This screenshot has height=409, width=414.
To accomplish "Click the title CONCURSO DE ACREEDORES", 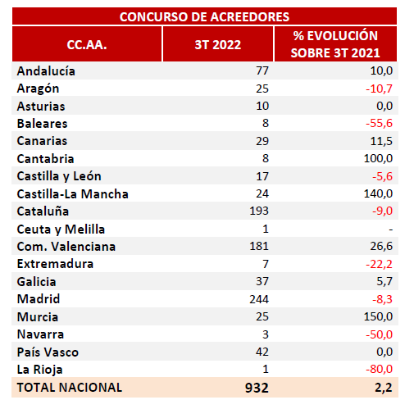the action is click(x=204, y=16).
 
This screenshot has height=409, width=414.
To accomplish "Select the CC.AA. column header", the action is click(x=87, y=44).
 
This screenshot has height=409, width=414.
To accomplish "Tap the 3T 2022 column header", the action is click(x=218, y=44).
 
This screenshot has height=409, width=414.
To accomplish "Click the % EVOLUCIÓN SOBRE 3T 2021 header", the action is click(x=335, y=44).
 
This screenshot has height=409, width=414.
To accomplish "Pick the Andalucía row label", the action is click(x=46, y=71).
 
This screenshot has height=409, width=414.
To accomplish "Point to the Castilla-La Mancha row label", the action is click(x=72, y=193).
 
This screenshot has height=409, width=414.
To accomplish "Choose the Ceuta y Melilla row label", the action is click(x=61, y=229).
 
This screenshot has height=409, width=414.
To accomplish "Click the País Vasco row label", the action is click(x=48, y=352).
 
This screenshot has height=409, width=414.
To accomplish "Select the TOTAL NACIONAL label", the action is click(x=70, y=388).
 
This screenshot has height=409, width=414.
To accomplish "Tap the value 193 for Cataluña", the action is click(x=259, y=211).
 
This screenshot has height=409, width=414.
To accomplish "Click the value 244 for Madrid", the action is click(x=259, y=299).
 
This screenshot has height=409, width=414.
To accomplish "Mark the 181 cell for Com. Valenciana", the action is click(x=259, y=246).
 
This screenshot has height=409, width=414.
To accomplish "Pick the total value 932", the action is click(x=257, y=388).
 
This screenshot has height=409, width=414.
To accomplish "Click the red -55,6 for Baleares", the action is click(x=379, y=124).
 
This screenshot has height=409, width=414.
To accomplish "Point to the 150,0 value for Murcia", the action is click(x=378, y=316).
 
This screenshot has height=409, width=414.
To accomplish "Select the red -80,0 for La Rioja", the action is click(x=379, y=369).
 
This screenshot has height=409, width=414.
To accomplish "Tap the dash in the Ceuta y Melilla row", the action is click(x=391, y=229).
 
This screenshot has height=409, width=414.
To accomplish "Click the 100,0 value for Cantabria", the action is click(x=378, y=158).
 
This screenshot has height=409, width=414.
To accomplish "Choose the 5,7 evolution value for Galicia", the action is click(x=384, y=281).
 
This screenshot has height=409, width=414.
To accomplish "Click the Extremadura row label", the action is click(x=55, y=264).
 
